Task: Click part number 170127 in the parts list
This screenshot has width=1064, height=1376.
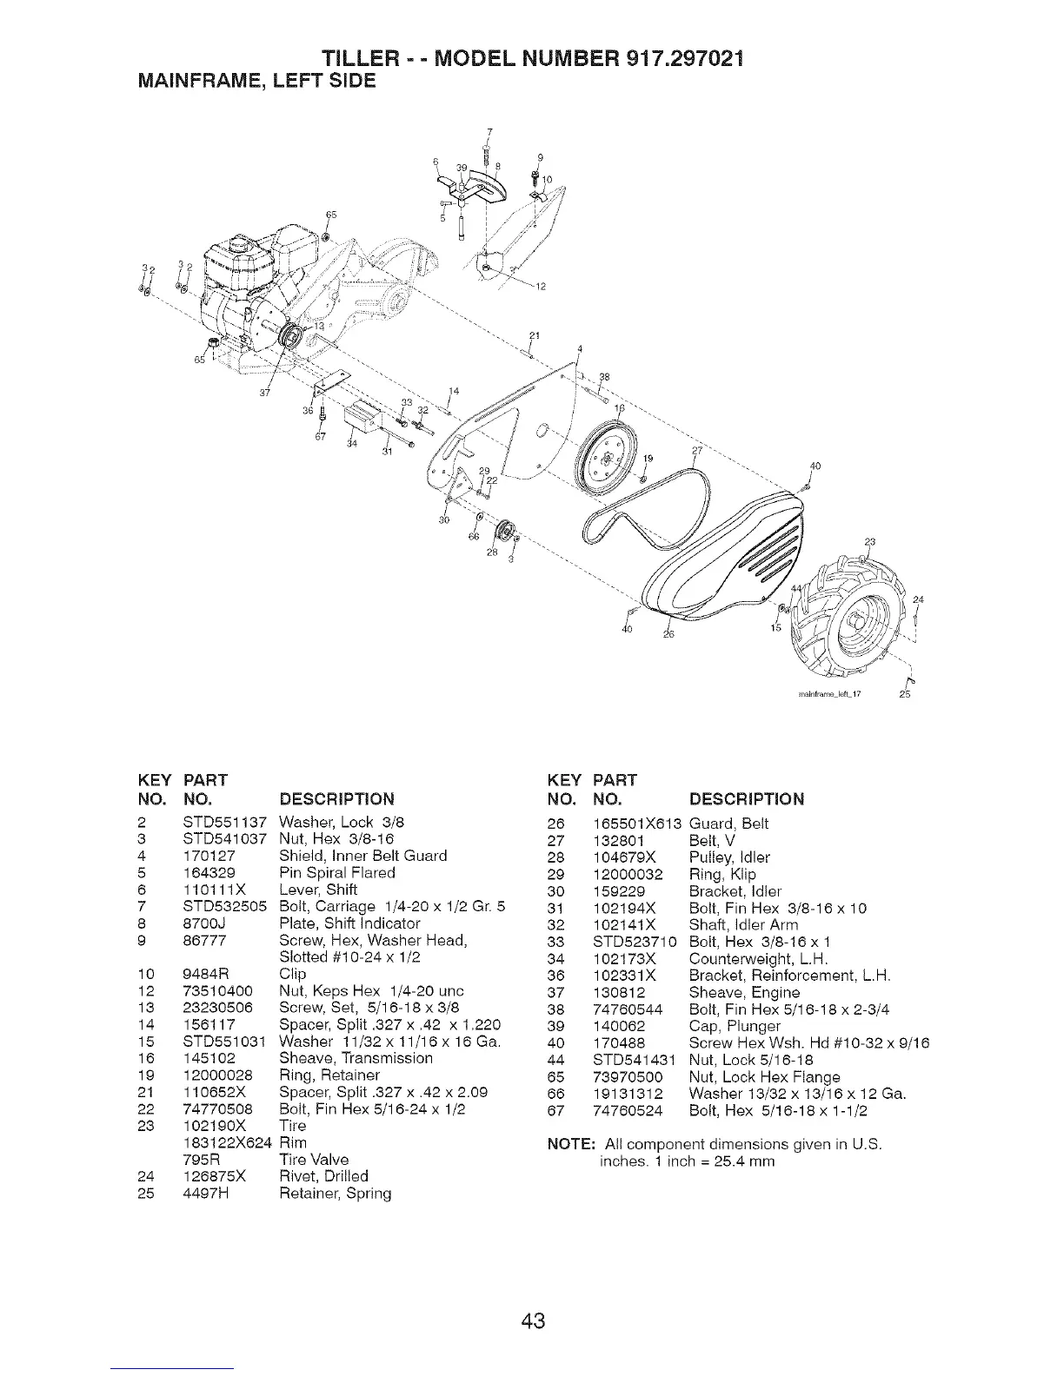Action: point(209,856)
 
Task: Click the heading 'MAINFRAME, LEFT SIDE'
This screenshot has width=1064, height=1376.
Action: point(246,81)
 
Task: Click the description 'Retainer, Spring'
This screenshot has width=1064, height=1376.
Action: point(336,1194)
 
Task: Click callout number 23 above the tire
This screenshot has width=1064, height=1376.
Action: point(869,542)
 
